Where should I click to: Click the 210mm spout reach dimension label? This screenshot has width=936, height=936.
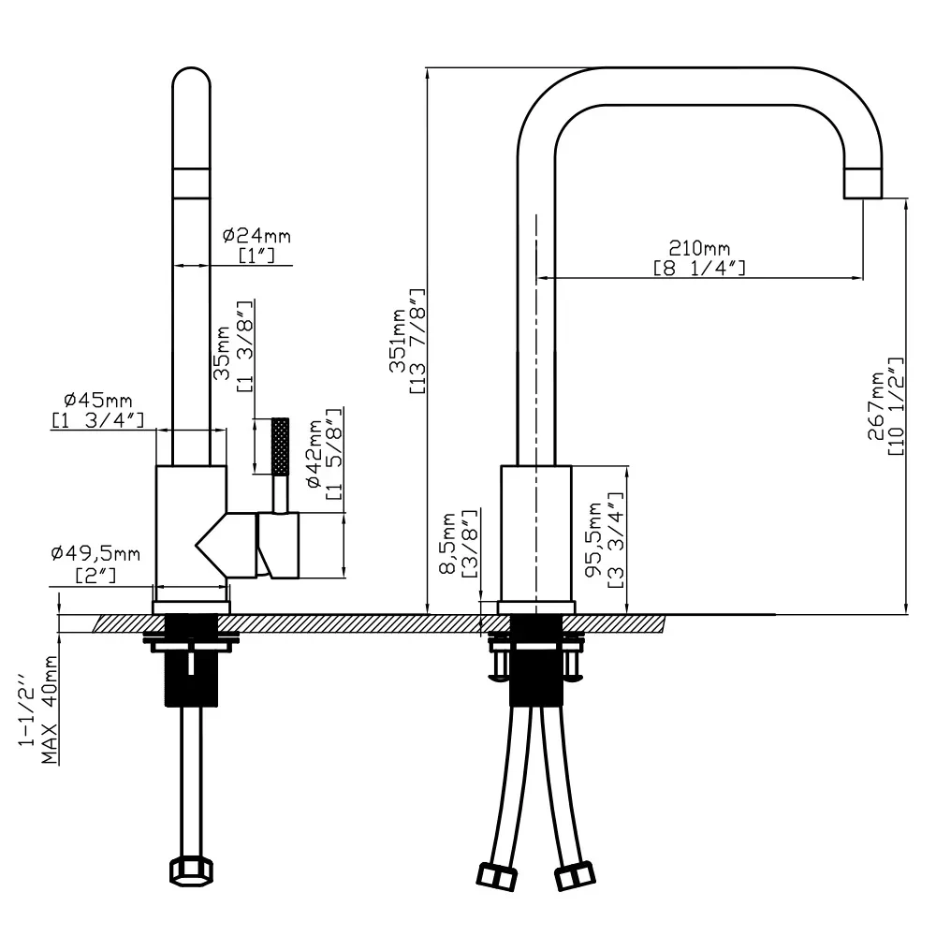pos(699,248)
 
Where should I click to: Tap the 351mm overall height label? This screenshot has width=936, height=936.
pos(398,341)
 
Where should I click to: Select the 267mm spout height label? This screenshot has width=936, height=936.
pos(876,406)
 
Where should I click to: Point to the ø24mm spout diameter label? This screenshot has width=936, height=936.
pos(256,236)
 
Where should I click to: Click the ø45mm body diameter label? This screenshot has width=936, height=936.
pos(98,400)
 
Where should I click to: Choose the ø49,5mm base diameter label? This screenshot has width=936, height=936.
pos(95,554)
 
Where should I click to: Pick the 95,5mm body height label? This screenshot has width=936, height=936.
pos(594,540)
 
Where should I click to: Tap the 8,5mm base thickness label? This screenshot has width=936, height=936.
pos(448,543)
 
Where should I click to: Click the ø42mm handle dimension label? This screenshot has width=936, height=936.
pos(314,454)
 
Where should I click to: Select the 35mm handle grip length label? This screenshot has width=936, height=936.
pos(222,353)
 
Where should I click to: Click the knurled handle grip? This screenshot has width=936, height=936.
pos(281,446)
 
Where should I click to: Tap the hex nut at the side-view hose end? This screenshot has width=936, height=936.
pos(191,872)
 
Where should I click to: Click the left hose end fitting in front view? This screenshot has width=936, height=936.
pos(497,876)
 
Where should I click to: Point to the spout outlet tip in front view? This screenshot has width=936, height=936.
pos(863,183)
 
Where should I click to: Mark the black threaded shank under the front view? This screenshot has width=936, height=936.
pos(536,660)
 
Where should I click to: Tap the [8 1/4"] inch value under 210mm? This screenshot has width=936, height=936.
pos(699,268)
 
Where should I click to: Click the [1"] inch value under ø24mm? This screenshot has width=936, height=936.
pos(256,256)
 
